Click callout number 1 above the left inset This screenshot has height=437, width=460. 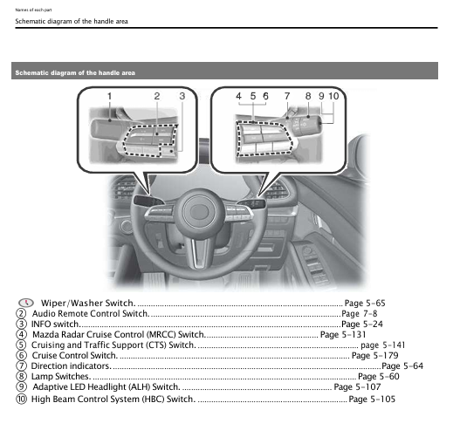(110, 94)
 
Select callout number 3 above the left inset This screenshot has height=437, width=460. (182, 94)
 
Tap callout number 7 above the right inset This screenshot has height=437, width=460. (285, 94)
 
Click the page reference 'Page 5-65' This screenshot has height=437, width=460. (364, 303)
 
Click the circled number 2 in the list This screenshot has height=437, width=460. (21, 313)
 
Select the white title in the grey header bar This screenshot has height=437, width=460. (75, 72)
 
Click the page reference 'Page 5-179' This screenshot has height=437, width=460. (374, 356)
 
